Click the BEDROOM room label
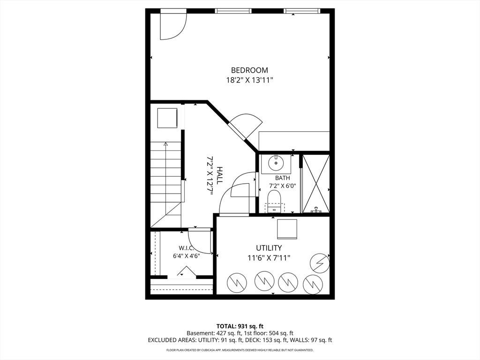tap(249, 70)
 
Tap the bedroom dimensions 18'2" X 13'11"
tap(249, 81)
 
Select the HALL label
tap(219, 175)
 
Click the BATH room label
tap(282, 178)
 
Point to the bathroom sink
tap(277, 163)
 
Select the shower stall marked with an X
tap(316, 184)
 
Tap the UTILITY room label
tap(269, 247)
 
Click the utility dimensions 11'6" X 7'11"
tap(269, 258)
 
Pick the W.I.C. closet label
tap(187, 247)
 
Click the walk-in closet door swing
tap(199, 242)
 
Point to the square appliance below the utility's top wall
tap(287, 229)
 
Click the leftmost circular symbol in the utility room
tap(237, 282)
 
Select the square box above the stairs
tap(167, 118)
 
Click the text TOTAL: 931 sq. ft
tap(240, 326)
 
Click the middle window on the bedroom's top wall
tap(233, 11)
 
